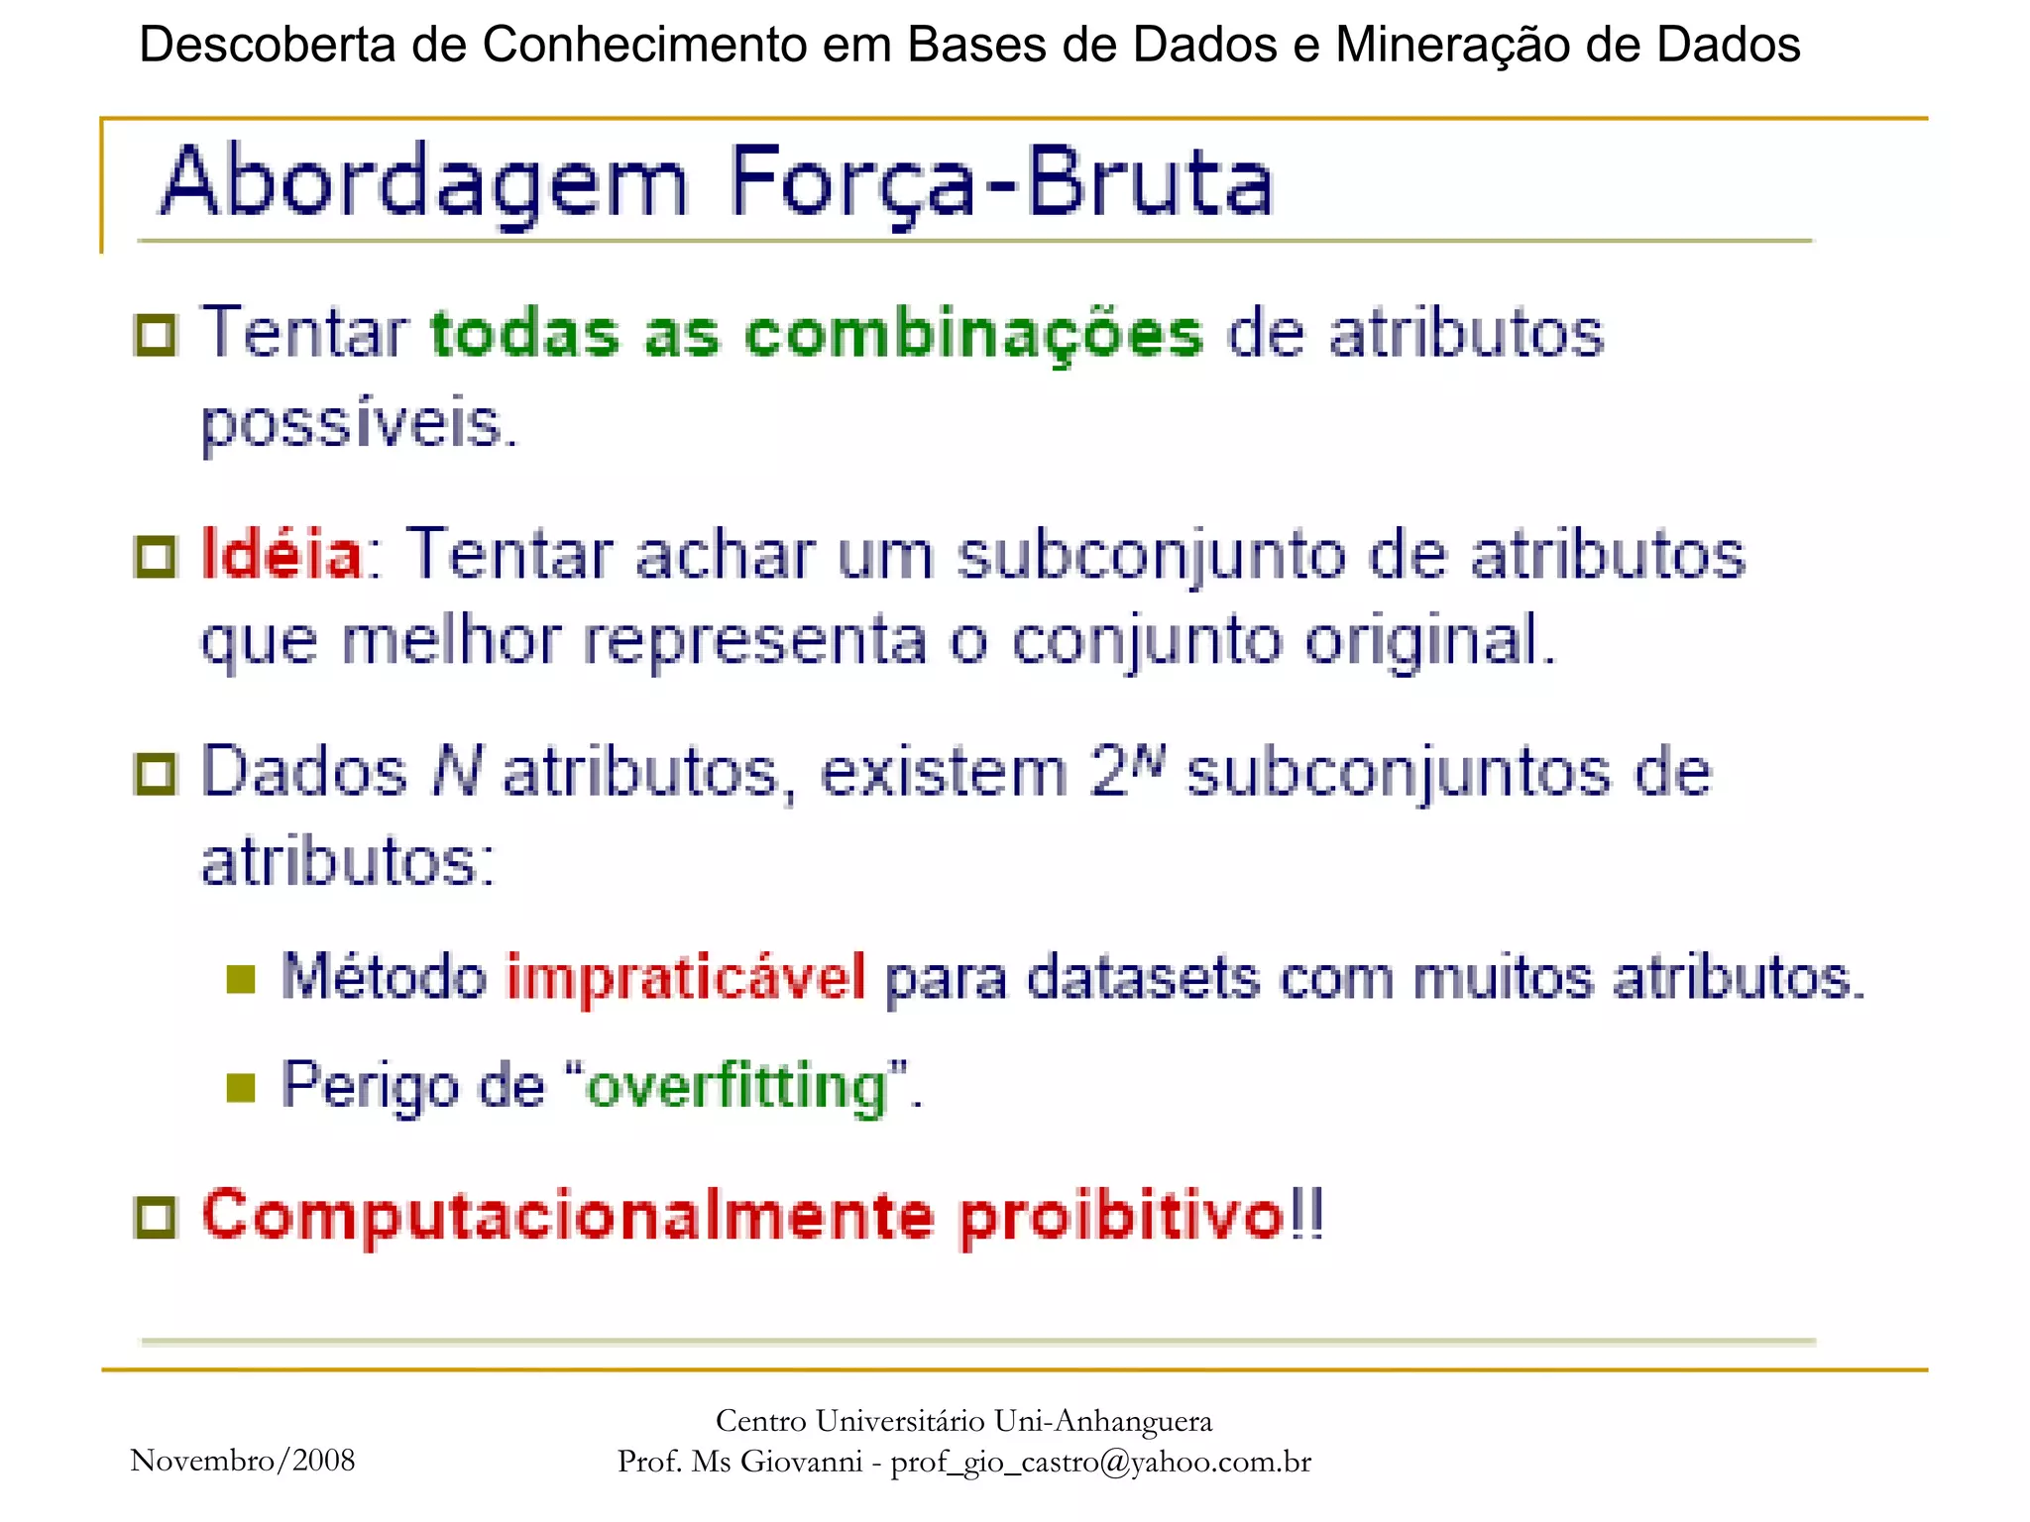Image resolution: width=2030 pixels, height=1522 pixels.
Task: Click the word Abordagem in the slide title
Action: point(424,184)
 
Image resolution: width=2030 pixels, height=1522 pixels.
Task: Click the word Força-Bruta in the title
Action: point(1001,184)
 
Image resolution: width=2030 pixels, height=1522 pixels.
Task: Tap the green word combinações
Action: point(974,334)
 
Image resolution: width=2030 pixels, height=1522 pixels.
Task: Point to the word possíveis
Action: point(359,424)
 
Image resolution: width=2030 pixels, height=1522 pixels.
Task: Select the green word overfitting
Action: point(737,1086)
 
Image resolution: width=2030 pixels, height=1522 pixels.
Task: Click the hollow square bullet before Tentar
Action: point(156,336)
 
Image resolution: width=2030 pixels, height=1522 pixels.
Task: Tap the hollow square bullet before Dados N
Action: point(156,774)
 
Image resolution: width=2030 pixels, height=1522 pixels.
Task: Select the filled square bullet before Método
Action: point(241,980)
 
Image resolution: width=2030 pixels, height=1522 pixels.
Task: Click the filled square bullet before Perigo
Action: point(241,1088)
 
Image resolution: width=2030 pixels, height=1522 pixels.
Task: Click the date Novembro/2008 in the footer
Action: point(243,1460)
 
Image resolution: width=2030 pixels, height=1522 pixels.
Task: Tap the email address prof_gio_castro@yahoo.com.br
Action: point(1100,1462)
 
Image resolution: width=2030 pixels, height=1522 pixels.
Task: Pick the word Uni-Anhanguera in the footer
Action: point(1102,1421)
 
